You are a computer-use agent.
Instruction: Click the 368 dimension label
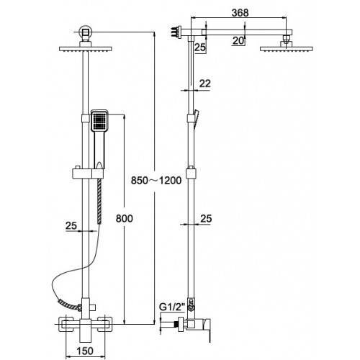point(240,13)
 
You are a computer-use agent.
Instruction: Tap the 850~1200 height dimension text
point(156,181)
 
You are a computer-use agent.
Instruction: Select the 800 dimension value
point(124,219)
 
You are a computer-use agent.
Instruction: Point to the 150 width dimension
point(85,351)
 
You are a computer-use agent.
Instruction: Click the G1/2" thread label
point(172,307)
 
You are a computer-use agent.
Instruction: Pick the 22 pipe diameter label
point(205,84)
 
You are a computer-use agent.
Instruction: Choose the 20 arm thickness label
point(238,41)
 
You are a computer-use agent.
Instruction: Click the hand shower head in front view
point(99,121)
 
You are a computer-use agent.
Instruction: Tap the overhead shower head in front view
point(86,49)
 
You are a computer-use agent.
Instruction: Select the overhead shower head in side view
point(287,48)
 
